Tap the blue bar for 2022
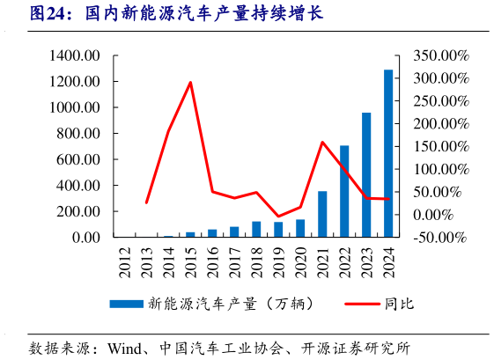click(x=344, y=191)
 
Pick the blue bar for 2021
click(x=322, y=214)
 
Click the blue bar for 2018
click(x=256, y=229)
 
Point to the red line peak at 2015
click(x=191, y=83)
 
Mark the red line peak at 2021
click(x=322, y=142)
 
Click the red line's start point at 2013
click(x=147, y=202)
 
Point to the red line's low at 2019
click(x=278, y=216)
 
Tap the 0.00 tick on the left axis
click(x=86, y=238)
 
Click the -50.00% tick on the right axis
click(x=441, y=238)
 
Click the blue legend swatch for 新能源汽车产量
click(x=127, y=304)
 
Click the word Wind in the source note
click(x=126, y=346)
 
